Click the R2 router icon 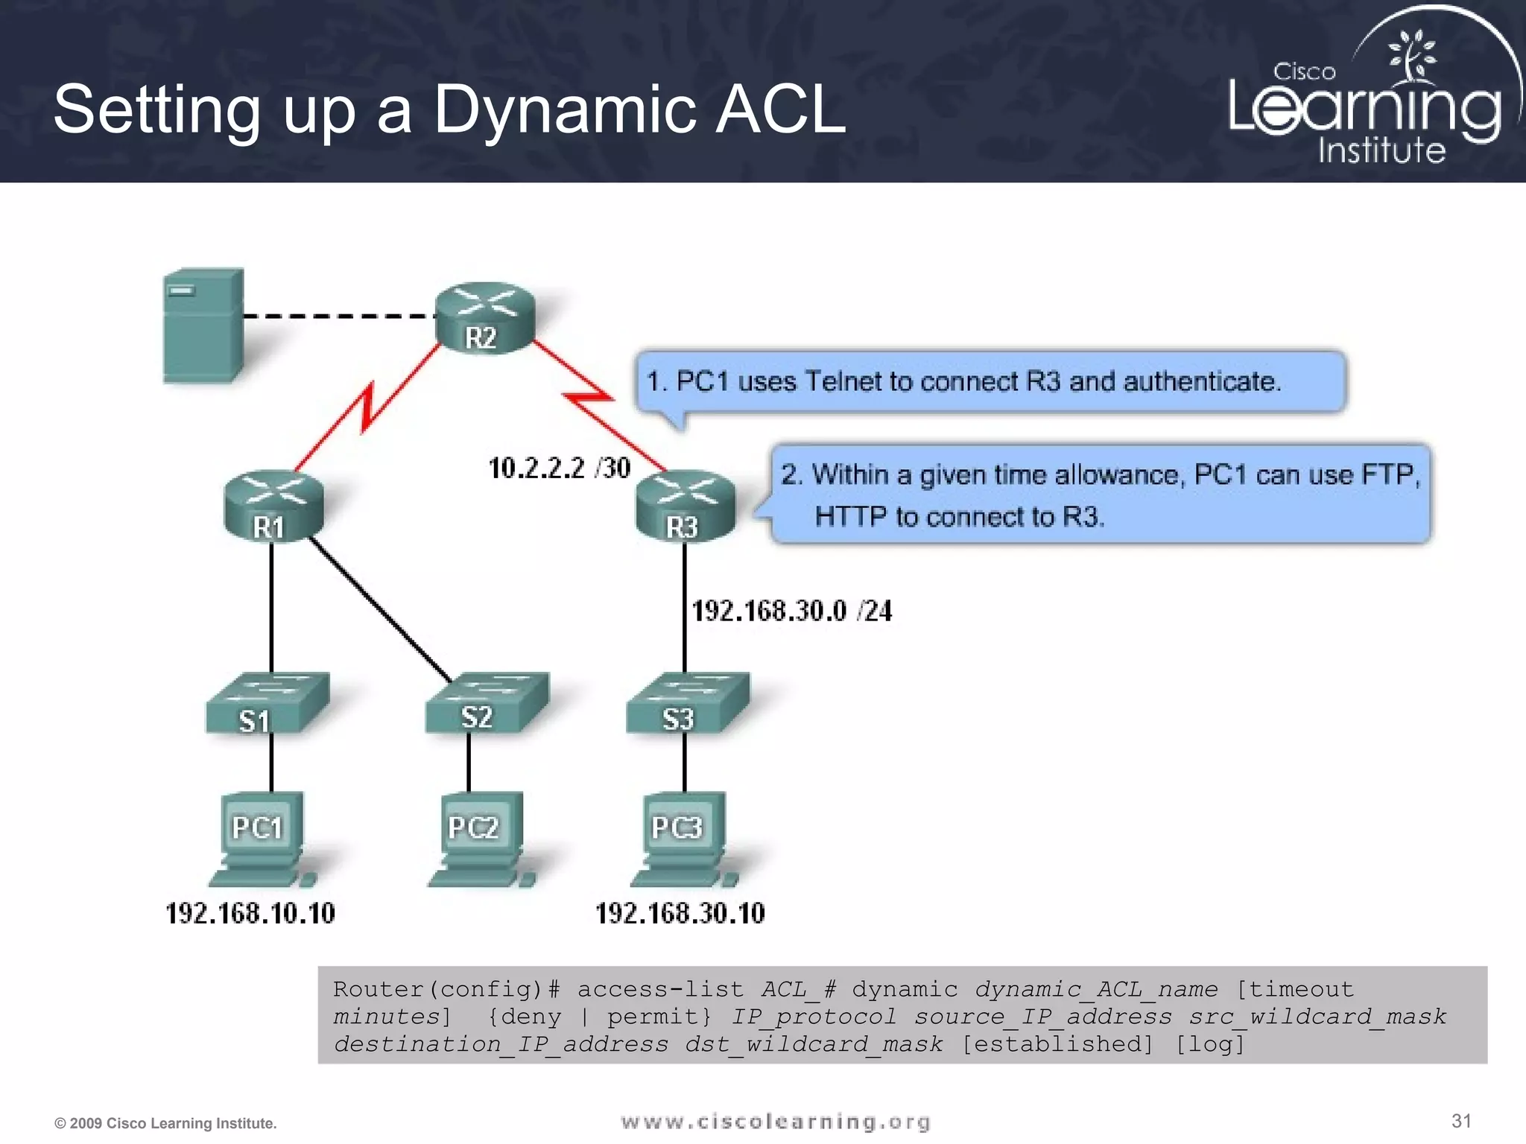tap(484, 318)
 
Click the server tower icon tap(203, 325)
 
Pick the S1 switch tap(267, 704)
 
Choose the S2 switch tap(487, 702)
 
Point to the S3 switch tap(687, 704)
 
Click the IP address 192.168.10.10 tap(250, 913)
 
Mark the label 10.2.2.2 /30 tap(559, 468)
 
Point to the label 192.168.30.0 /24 tap(791, 611)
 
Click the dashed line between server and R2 tap(339, 317)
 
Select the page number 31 tap(1461, 1121)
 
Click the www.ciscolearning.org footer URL tap(776, 1122)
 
